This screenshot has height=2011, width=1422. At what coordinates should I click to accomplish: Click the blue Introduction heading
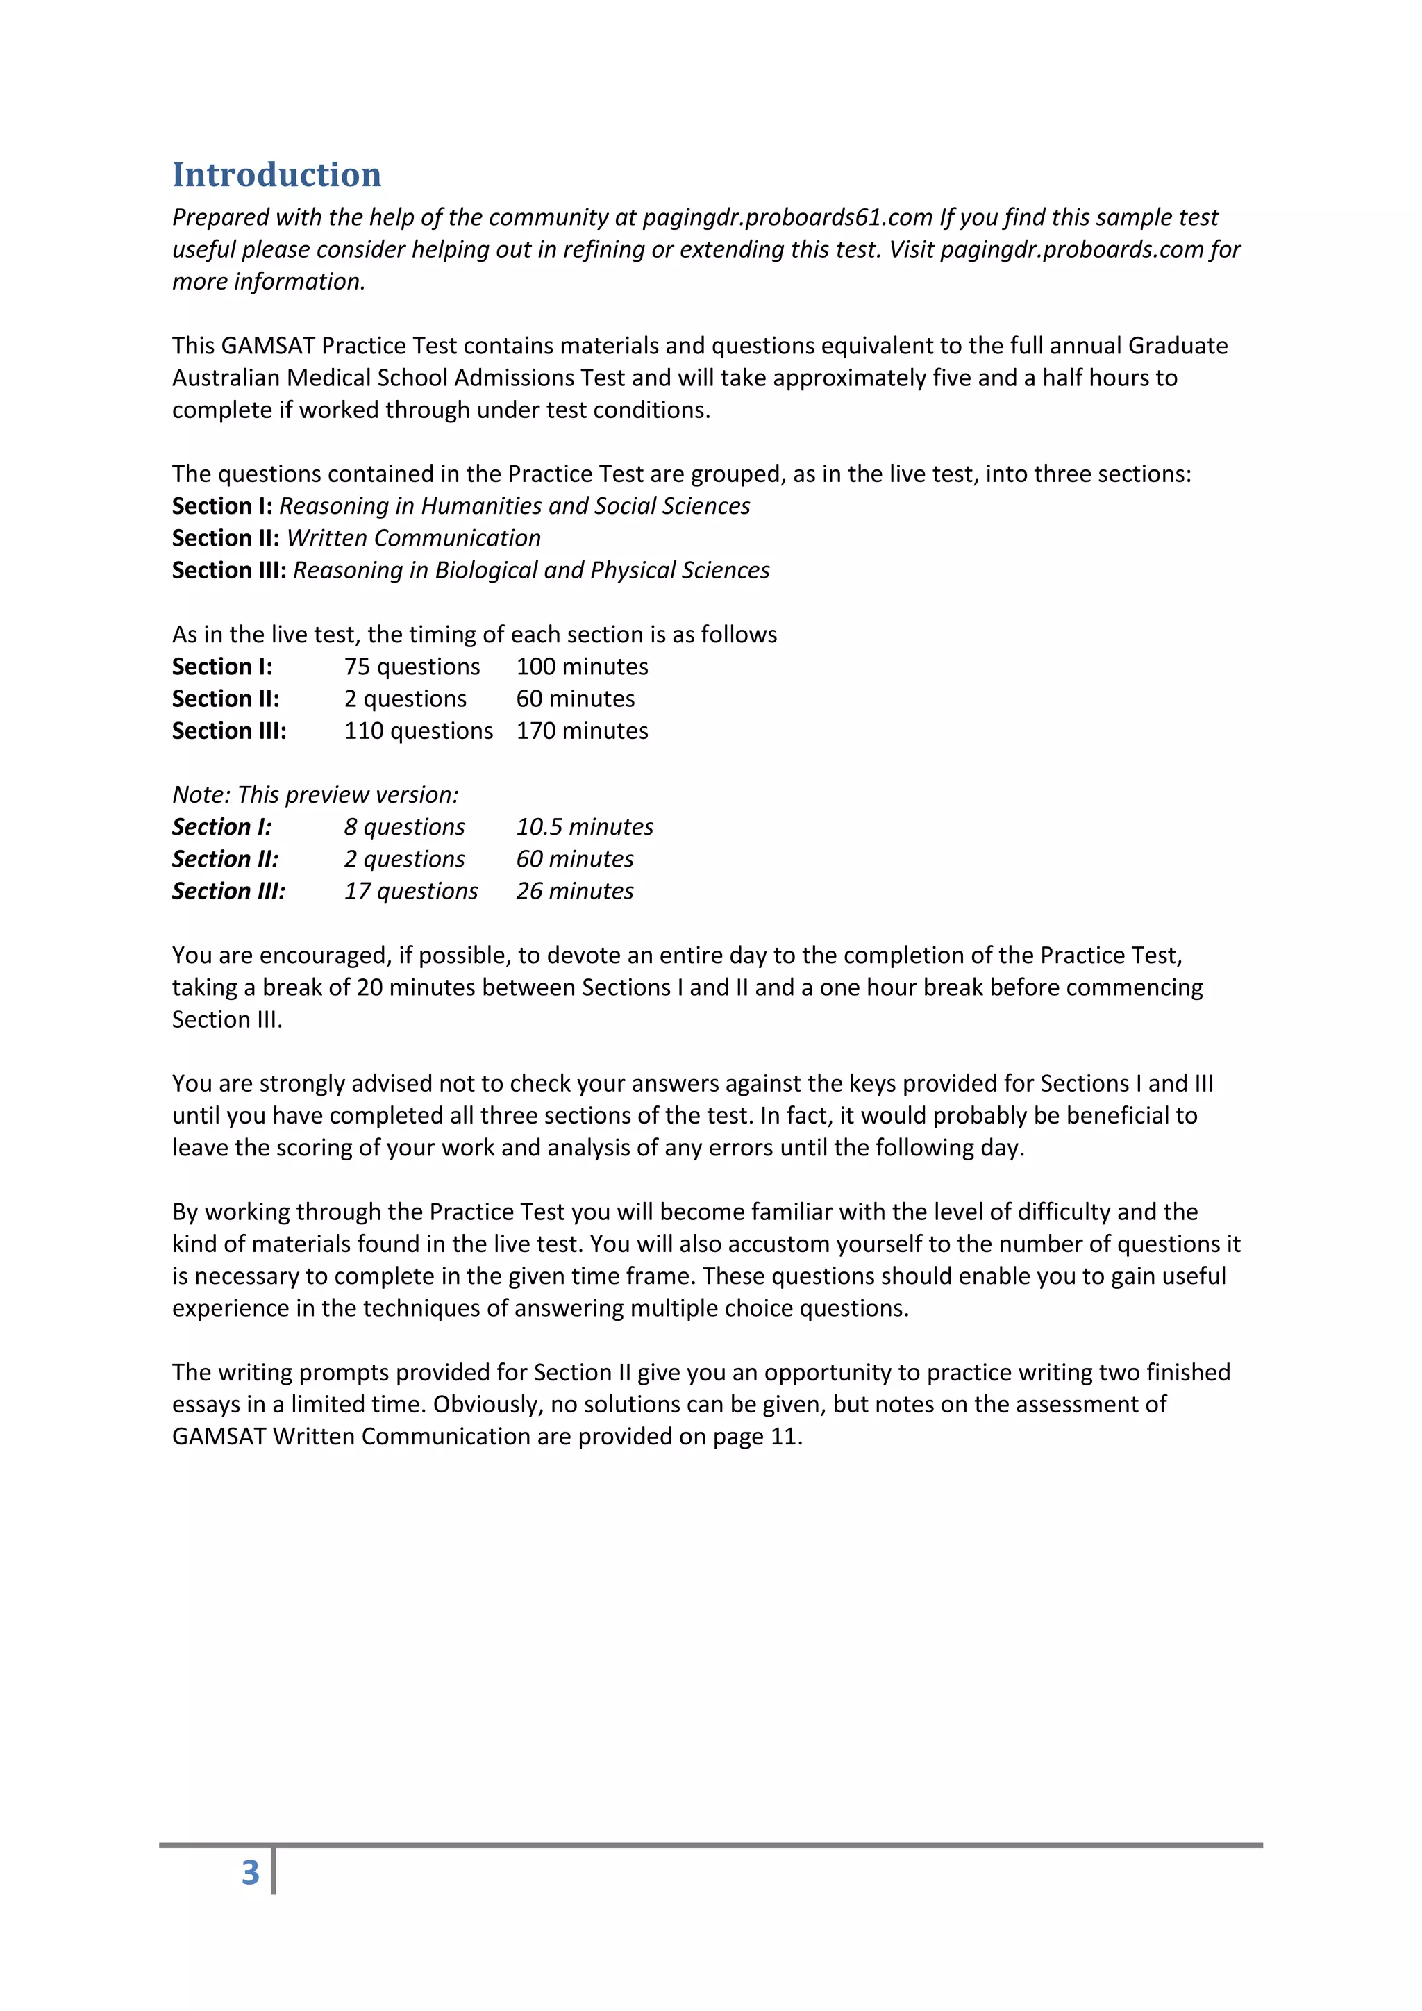pyautogui.click(x=277, y=174)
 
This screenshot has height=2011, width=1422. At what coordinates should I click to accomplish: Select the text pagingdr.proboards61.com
pyautogui.click(x=787, y=217)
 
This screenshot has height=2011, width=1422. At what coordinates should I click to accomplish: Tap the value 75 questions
pyautogui.click(x=412, y=667)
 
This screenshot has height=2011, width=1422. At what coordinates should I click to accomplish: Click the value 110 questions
pyautogui.click(x=418, y=731)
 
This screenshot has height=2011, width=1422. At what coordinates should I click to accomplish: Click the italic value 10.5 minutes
pyautogui.click(x=584, y=827)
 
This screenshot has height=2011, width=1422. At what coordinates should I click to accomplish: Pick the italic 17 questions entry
pyautogui.click(x=410, y=891)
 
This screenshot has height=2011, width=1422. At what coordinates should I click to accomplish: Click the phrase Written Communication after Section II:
pyautogui.click(x=413, y=537)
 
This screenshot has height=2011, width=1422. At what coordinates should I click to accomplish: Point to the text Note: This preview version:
pyautogui.click(x=315, y=794)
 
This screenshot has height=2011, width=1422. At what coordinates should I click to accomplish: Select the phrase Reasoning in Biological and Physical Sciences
pyautogui.click(x=530, y=570)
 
